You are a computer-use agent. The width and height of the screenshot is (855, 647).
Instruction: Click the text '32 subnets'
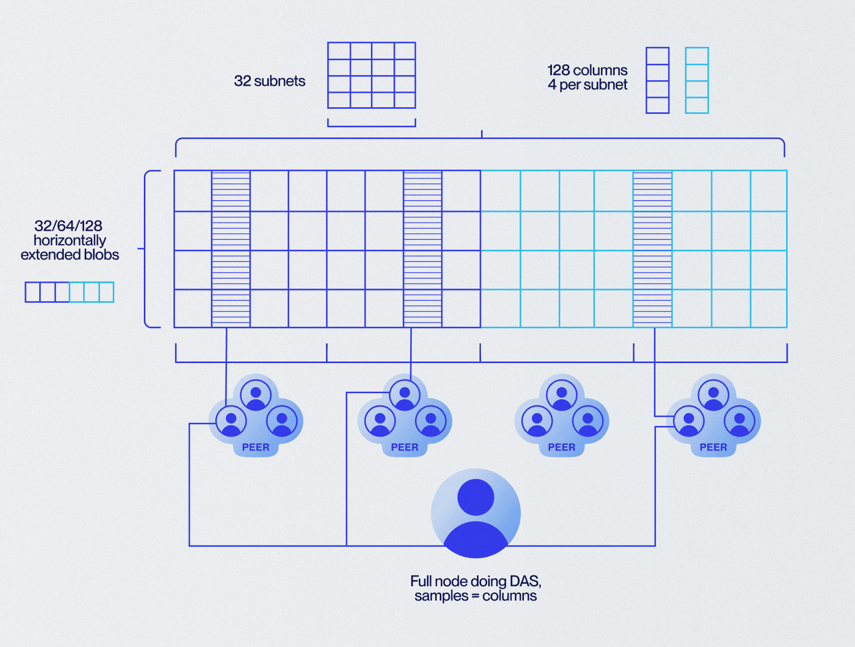pyautogui.click(x=269, y=81)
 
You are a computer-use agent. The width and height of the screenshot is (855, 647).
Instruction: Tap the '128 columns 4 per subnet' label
pyautogui.click(x=587, y=77)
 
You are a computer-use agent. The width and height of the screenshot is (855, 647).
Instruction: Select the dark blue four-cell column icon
pyautogui.click(x=657, y=80)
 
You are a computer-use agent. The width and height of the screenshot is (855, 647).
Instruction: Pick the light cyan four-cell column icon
pyautogui.click(x=696, y=80)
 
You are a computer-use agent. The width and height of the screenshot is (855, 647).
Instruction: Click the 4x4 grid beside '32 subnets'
pyautogui.click(x=371, y=75)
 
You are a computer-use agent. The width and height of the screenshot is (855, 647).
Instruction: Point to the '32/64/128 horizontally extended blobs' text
pyautogui.click(x=69, y=240)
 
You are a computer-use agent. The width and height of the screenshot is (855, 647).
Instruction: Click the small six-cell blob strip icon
pyautogui.click(x=69, y=292)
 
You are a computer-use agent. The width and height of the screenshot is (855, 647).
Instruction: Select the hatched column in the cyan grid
pyautogui.click(x=652, y=249)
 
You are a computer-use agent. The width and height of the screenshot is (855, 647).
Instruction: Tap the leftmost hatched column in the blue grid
pyautogui.click(x=231, y=249)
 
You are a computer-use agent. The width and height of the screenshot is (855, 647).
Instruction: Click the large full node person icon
pyautogui.click(x=475, y=513)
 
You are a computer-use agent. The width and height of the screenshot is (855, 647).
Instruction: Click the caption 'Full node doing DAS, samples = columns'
pyautogui.click(x=475, y=588)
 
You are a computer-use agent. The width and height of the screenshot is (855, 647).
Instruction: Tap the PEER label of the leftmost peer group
pyautogui.click(x=256, y=447)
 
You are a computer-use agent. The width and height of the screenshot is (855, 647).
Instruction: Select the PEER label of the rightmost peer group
pyautogui.click(x=713, y=447)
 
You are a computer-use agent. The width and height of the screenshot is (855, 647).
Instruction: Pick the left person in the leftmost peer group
pyautogui.click(x=231, y=421)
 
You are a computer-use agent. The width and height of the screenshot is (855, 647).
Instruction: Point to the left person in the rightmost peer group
pyautogui.click(x=689, y=421)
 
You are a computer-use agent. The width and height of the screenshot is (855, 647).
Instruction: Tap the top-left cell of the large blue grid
pyautogui.click(x=193, y=191)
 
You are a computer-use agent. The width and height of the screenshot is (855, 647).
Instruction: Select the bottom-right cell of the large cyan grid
pyautogui.click(x=768, y=308)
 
